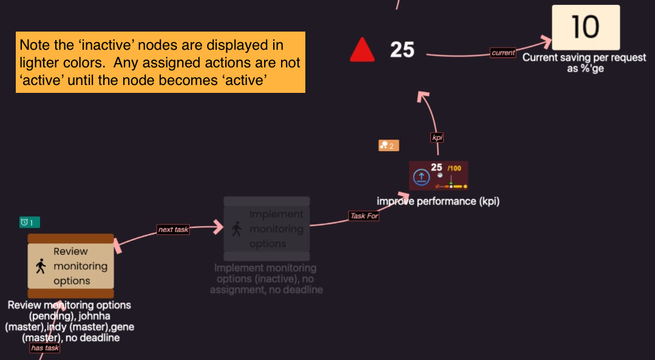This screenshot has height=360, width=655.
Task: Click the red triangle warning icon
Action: pos(362,50)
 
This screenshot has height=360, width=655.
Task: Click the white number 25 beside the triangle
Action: pos(402,50)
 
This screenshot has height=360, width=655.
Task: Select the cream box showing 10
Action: pos(585,27)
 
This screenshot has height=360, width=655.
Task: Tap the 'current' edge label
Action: pos(503,53)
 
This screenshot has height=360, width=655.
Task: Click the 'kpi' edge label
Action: pos(437,138)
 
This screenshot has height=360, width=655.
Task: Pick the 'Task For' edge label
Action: pos(364,216)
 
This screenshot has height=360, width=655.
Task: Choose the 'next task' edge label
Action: pos(173,229)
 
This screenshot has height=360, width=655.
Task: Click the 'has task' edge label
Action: pos(45,348)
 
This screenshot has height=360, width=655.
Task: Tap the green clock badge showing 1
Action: pos(26,223)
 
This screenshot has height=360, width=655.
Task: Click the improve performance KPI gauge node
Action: pos(438,176)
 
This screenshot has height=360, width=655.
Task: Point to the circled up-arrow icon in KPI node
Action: pos(421,177)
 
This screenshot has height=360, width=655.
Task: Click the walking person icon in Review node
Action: pos(41,267)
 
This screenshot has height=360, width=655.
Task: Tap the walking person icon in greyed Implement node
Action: pos(237,229)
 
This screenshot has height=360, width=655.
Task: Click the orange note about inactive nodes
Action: pos(160,63)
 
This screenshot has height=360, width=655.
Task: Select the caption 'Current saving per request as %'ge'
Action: pos(563,63)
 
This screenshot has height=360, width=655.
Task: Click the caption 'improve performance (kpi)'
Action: pos(438,201)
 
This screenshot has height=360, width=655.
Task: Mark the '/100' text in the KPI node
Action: pos(454,168)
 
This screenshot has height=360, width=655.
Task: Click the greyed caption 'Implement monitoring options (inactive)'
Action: pos(266,279)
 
